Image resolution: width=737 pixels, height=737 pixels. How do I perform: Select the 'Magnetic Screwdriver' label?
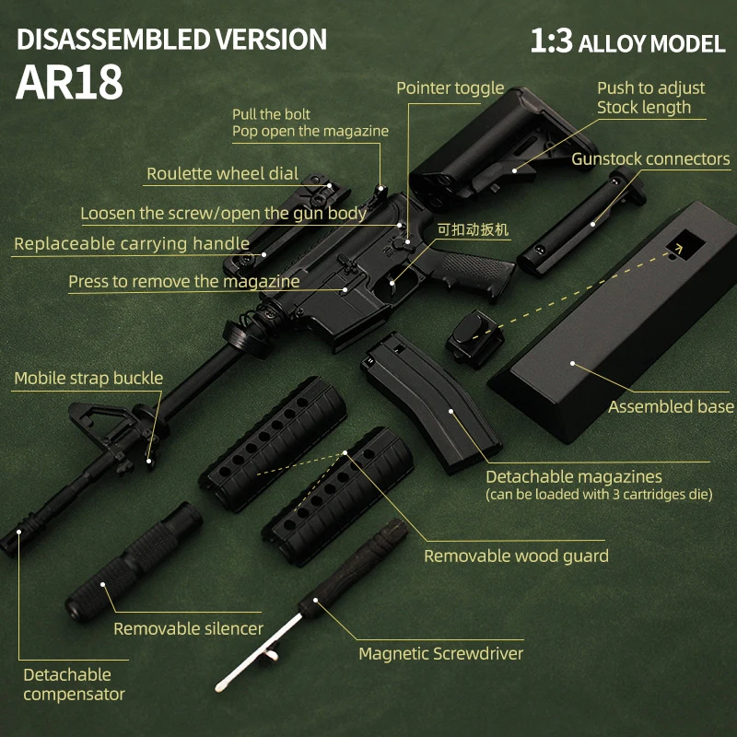pos(440,653)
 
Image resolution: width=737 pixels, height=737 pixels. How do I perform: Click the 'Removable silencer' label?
pos(188,628)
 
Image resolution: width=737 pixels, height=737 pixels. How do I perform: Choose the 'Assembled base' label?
pos(671,406)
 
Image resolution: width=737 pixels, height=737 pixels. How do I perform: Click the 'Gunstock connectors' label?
pos(650,158)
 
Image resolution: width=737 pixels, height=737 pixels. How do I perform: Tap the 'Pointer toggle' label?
pos(450,88)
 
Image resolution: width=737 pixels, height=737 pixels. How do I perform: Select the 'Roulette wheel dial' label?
pos(222,173)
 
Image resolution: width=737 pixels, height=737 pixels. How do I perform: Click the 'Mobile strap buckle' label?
pos(88,378)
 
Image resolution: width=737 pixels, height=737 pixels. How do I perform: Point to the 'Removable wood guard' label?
pos(516,556)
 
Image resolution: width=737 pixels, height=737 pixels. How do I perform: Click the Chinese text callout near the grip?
pos(472,229)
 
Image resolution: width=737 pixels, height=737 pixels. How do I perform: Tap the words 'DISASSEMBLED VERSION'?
pos(171,40)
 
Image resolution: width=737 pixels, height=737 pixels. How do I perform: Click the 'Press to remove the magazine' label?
pos(183,281)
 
